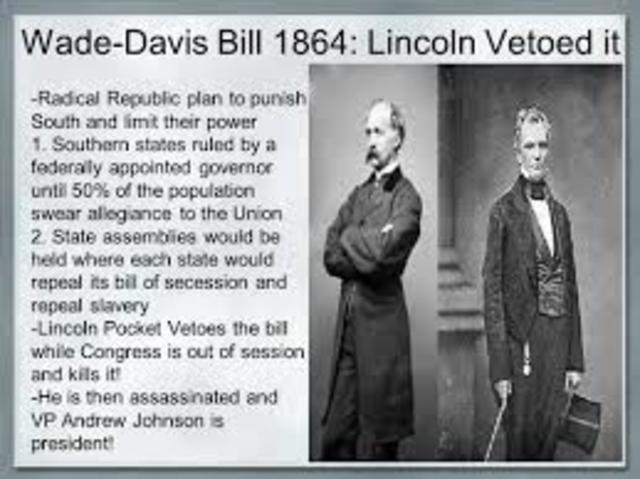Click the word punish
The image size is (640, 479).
(x=281, y=100)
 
